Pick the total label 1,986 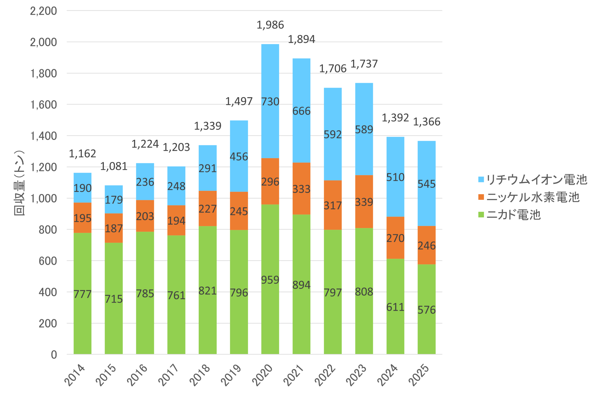[x=270, y=25]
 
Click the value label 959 [x=270, y=280]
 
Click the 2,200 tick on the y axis [x=43, y=11]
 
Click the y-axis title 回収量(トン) [x=19, y=183]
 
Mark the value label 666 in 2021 [x=301, y=111]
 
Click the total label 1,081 [x=114, y=166]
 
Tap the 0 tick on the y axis [x=54, y=355]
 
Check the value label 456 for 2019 [x=239, y=156]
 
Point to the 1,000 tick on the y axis [x=43, y=198]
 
